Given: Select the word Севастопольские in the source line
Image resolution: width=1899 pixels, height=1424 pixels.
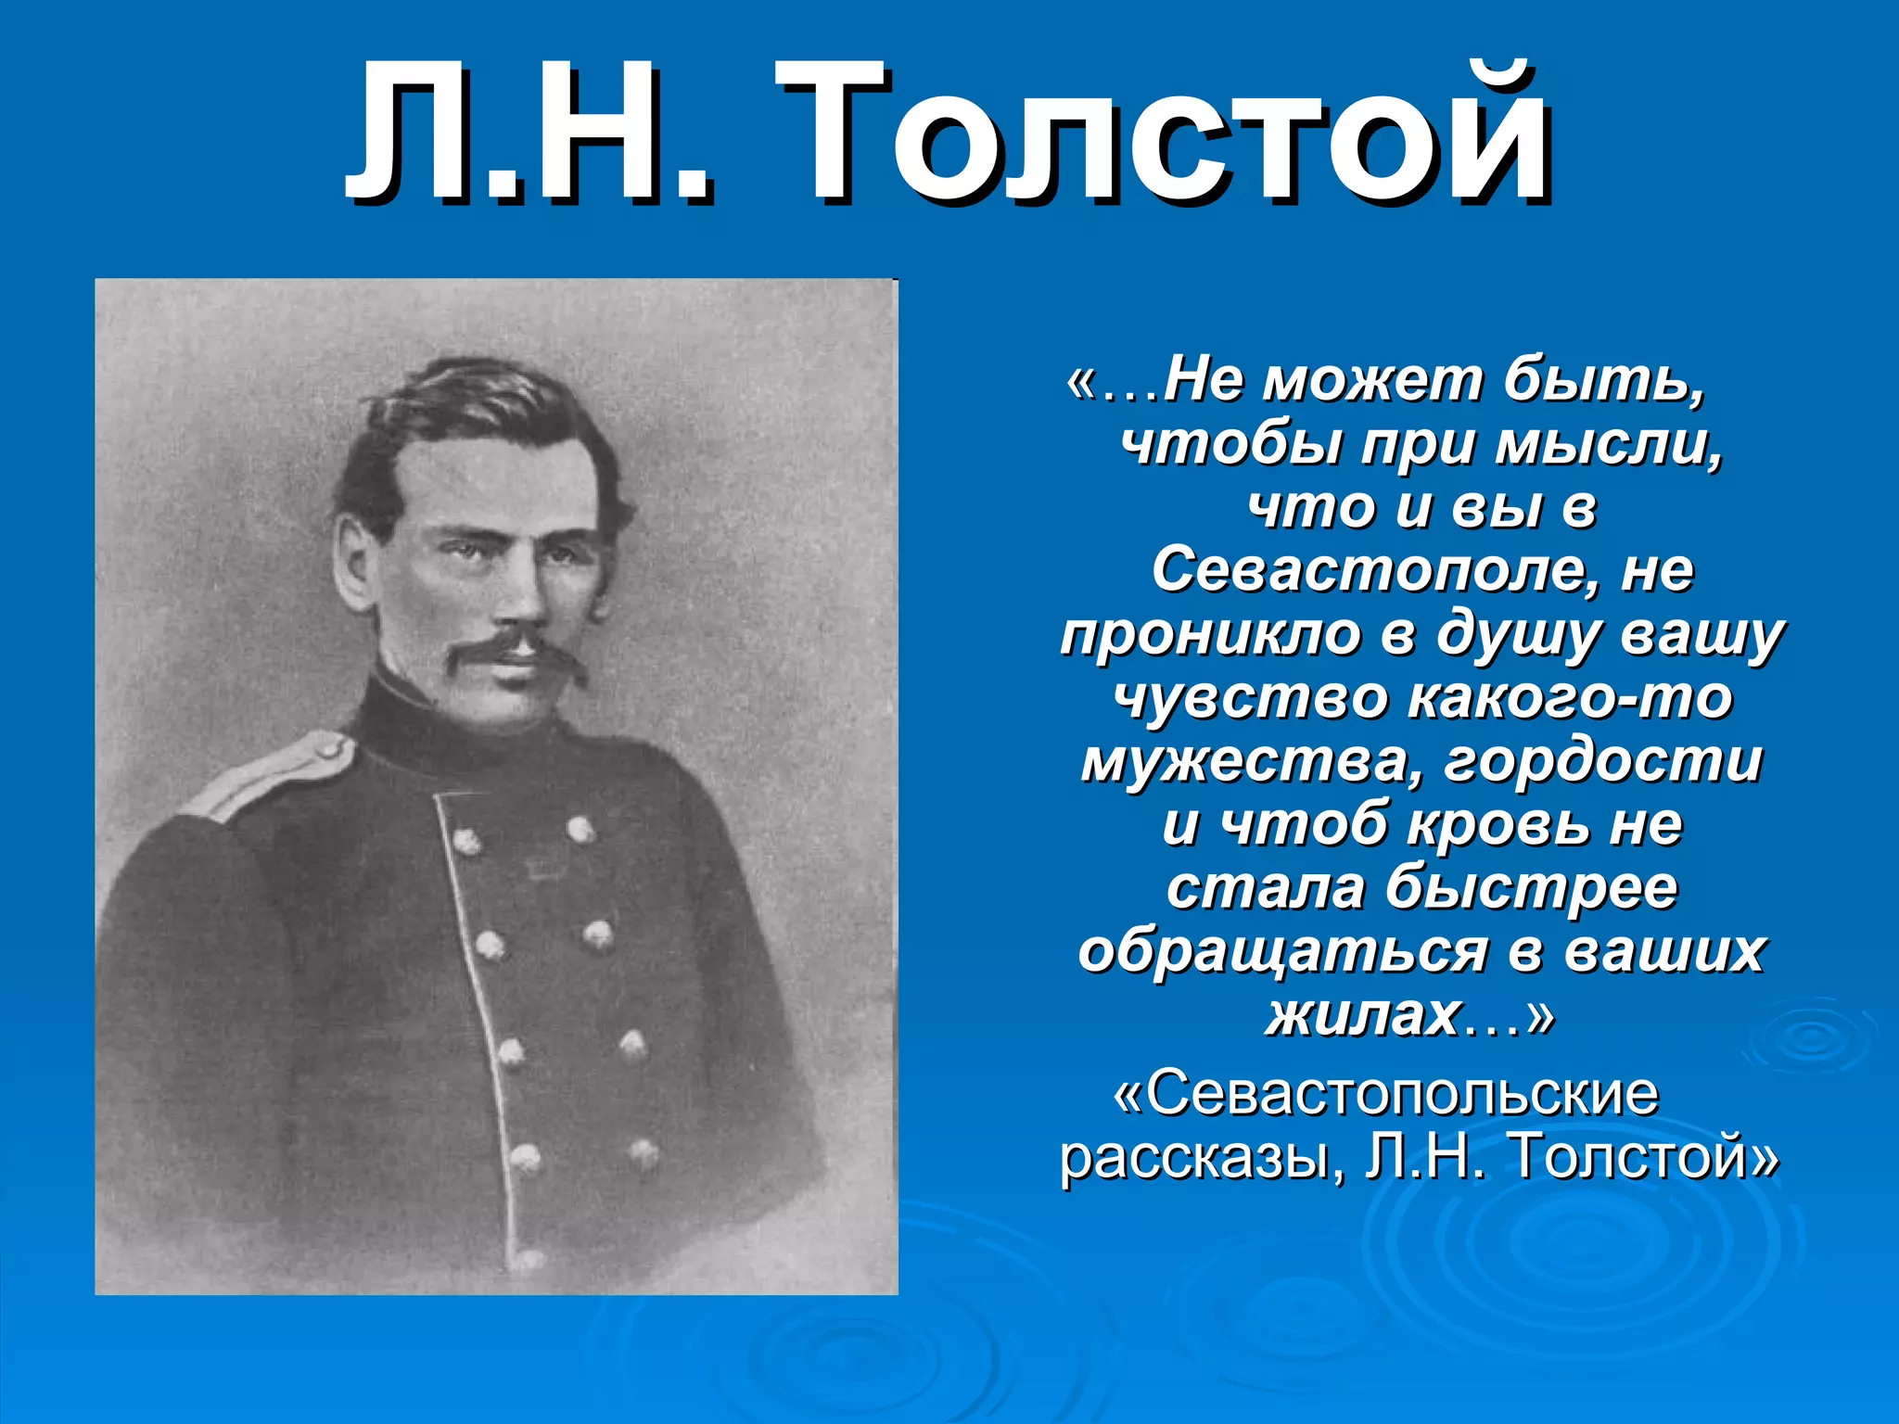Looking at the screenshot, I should [x=1400, y=1094].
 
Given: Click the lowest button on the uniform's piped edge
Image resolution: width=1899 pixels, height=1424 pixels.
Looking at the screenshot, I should [x=529, y=1260].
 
